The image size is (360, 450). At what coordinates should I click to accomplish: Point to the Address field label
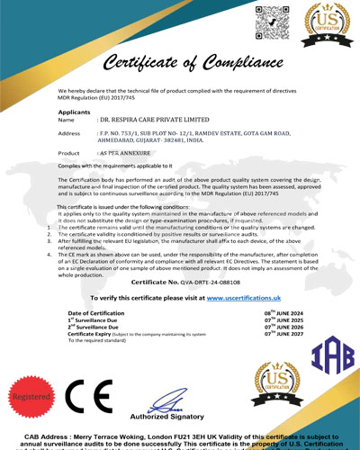tap(69, 133)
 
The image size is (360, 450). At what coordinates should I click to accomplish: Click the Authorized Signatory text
tap(167, 417)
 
